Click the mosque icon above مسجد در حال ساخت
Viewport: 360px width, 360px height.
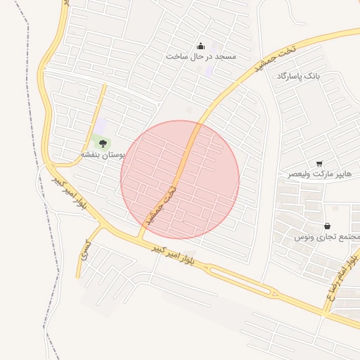coord(201,44)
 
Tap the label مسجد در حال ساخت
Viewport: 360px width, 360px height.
coord(201,56)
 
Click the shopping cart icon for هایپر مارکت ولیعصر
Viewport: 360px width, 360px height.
coord(320,163)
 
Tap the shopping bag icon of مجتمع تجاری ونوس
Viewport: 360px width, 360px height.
coord(327,226)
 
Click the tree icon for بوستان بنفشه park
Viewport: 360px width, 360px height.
coord(103,143)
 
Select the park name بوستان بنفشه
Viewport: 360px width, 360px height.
coord(103,154)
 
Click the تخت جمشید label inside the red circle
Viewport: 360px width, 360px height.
coord(160,207)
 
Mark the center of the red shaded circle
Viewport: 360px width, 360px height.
coord(180,180)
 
